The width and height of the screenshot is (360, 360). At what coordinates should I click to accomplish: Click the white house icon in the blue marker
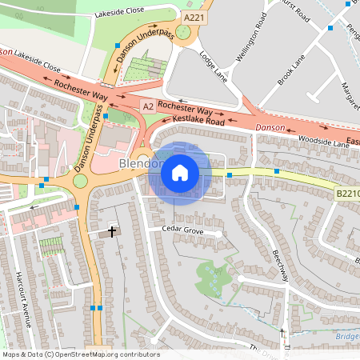pyautogui.click(x=180, y=172)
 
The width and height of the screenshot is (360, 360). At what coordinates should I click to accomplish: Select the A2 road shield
pyautogui.click(x=147, y=106)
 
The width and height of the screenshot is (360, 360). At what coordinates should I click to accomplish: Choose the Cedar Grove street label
pyautogui.click(x=183, y=230)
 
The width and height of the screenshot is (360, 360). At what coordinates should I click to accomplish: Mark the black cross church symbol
pyautogui.click(x=111, y=231)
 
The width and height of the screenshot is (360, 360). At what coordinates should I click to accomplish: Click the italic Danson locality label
pyautogui.click(x=270, y=128)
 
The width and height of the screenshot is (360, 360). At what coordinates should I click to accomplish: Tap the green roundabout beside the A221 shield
pyautogui.click(x=182, y=32)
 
